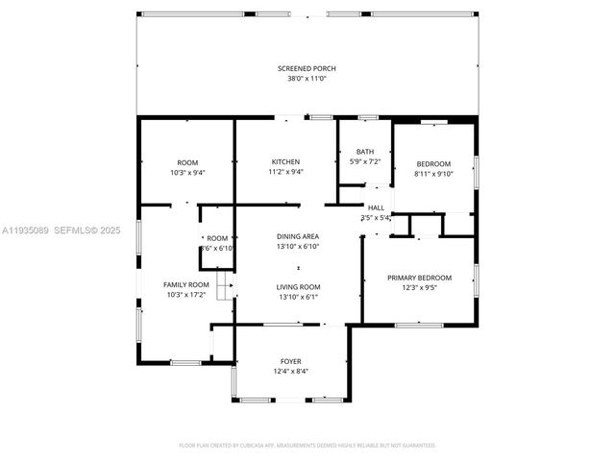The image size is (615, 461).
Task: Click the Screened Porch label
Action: pyautogui.click(x=307, y=68)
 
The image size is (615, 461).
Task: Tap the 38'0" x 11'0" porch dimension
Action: pyautogui.click(x=307, y=79)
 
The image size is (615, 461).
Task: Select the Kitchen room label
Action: pyautogui.click(x=285, y=161)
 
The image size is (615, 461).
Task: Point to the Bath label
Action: pyautogui.click(x=365, y=152)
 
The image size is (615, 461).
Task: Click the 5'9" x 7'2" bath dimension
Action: pyautogui.click(x=365, y=162)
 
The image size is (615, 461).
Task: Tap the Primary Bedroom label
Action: pyautogui.click(x=419, y=278)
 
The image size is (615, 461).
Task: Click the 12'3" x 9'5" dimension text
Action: pyautogui.click(x=419, y=288)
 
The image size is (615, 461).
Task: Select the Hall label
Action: pyautogui.click(x=375, y=207)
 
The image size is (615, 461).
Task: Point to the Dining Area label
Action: pyautogui.click(x=298, y=236)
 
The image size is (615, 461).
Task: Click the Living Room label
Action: pyautogui.click(x=298, y=286)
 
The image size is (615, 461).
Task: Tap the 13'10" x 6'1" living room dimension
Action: pyautogui.click(x=298, y=297)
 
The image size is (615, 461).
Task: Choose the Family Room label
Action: pyautogui.click(x=185, y=284)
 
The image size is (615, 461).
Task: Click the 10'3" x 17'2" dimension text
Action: pyautogui.click(x=185, y=295)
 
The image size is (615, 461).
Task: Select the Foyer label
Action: pyautogui.click(x=290, y=361)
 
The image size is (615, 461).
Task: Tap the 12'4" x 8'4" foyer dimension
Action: pyautogui.click(x=290, y=372)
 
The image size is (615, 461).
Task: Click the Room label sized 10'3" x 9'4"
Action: pyautogui.click(x=186, y=161)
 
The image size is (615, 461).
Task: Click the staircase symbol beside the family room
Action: pyautogui.click(x=226, y=286)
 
